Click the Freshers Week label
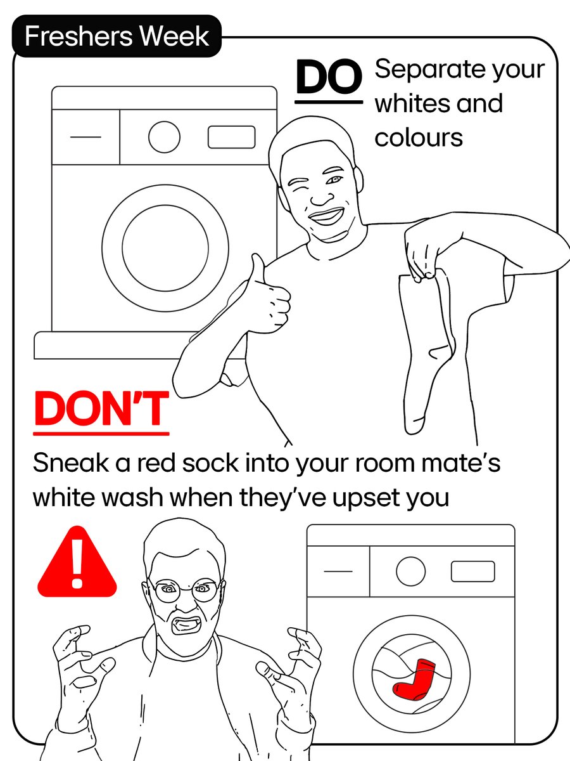click(x=117, y=36)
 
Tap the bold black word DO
click(x=329, y=77)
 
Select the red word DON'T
click(x=101, y=410)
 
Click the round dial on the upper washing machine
click(x=164, y=137)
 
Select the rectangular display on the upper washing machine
click(x=231, y=137)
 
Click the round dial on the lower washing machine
click(x=410, y=571)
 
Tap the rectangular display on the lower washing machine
click(x=472, y=571)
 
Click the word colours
click(x=418, y=138)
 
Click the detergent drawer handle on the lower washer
click(x=338, y=571)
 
